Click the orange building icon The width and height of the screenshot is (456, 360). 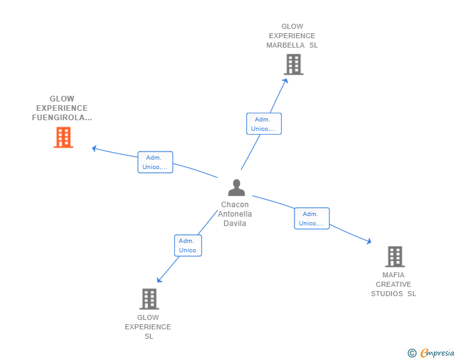(63, 137)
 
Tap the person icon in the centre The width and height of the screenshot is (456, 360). (236, 188)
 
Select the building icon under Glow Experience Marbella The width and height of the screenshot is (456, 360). (293, 64)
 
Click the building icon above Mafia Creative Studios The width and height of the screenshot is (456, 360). (395, 257)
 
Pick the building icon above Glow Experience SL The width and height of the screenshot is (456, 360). (149, 299)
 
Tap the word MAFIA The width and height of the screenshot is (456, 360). (393, 275)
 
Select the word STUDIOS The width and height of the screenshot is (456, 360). (387, 294)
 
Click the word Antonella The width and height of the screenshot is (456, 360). (235, 214)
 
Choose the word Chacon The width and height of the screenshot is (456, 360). (235, 205)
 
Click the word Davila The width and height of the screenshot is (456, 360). (235, 224)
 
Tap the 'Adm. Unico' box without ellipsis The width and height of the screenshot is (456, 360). (188, 245)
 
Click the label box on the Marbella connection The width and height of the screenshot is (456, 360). (264, 123)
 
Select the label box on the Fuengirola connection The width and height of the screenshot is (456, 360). (155, 162)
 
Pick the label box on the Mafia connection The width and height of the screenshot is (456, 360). (312, 219)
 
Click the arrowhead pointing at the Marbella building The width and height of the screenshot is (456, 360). (286, 81)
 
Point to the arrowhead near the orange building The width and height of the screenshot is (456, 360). (94, 148)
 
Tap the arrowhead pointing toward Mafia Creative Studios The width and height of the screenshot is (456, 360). (369, 241)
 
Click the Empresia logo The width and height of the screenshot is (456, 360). (431, 352)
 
